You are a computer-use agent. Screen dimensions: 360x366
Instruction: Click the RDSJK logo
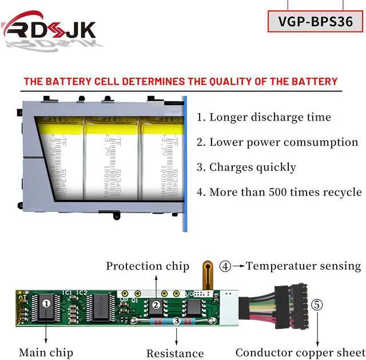(x=49, y=27)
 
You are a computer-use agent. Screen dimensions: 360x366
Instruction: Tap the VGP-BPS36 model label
(x=315, y=21)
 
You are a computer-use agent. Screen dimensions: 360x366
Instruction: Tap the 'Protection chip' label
(x=148, y=266)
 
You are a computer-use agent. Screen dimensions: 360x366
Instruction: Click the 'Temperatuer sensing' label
(x=303, y=266)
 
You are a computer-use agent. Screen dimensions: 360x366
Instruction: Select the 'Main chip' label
(x=46, y=353)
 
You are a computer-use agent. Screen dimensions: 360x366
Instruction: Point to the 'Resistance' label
(x=175, y=353)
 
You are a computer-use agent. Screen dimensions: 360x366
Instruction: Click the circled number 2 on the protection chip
(x=156, y=305)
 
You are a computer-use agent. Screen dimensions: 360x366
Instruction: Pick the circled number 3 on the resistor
(x=177, y=322)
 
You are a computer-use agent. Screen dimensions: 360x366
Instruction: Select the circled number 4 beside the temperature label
(x=226, y=266)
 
